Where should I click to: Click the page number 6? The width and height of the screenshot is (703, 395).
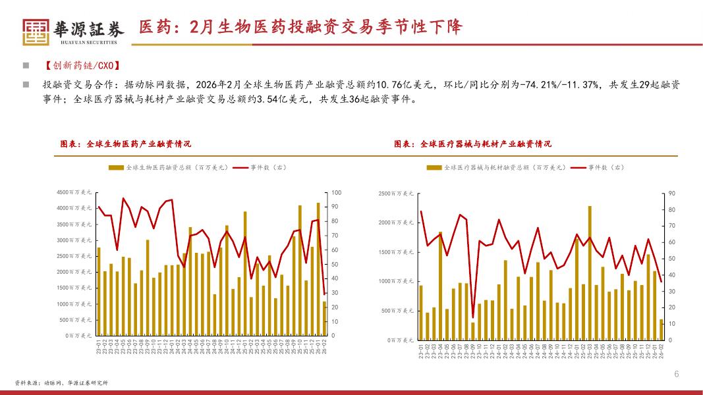tap(677, 375)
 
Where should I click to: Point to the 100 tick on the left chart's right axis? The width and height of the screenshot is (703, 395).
tap(336, 192)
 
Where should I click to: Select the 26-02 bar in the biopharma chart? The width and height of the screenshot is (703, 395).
tap(324, 319)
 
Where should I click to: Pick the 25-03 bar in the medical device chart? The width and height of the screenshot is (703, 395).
tap(590, 273)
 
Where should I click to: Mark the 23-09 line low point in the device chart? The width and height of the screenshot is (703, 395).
tap(472, 317)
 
